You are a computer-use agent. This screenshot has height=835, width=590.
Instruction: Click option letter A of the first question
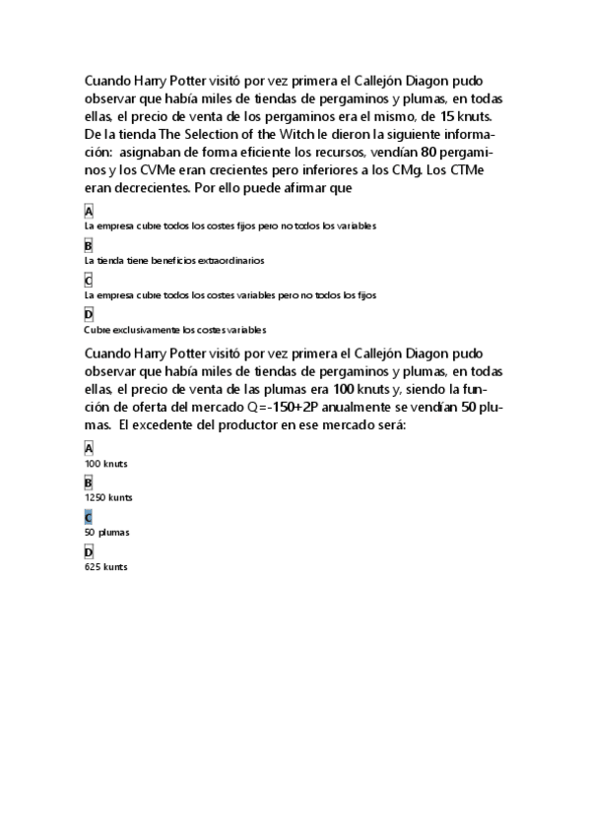[89, 211]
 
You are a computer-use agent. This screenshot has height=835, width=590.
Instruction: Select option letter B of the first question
[89, 245]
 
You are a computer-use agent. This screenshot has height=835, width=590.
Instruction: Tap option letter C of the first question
[89, 280]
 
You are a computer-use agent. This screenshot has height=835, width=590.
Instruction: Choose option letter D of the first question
[89, 314]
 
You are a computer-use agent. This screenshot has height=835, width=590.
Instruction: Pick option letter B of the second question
[89, 482]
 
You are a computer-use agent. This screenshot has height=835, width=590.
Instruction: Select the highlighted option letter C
[89, 517]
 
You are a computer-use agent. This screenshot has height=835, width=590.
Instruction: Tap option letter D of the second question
[89, 551]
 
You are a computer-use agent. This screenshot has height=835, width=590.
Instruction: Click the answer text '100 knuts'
[106, 463]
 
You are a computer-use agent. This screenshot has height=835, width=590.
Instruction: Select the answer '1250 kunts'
[109, 497]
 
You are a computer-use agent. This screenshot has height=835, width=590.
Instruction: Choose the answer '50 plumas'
[107, 532]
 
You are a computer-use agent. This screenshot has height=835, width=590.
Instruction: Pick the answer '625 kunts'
[106, 567]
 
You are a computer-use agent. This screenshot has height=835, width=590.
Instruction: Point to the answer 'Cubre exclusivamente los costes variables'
[175, 330]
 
